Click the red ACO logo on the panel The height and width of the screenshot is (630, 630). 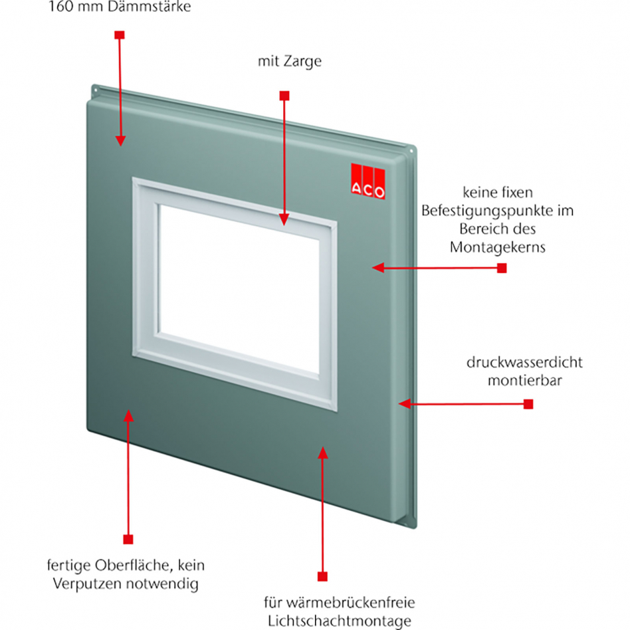[368, 181]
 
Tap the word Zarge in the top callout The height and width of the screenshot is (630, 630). [306, 62]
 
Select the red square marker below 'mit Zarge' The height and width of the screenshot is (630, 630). [284, 95]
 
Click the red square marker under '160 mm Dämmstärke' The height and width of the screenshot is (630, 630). [119, 34]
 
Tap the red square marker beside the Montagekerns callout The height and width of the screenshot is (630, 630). [502, 268]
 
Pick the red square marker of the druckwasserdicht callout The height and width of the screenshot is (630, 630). [528, 403]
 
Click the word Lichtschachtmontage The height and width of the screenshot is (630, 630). [339, 621]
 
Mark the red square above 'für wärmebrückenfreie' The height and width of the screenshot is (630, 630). [322, 576]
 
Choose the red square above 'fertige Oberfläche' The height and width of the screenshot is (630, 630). [128, 539]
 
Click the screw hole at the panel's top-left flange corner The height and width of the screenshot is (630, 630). [96, 88]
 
